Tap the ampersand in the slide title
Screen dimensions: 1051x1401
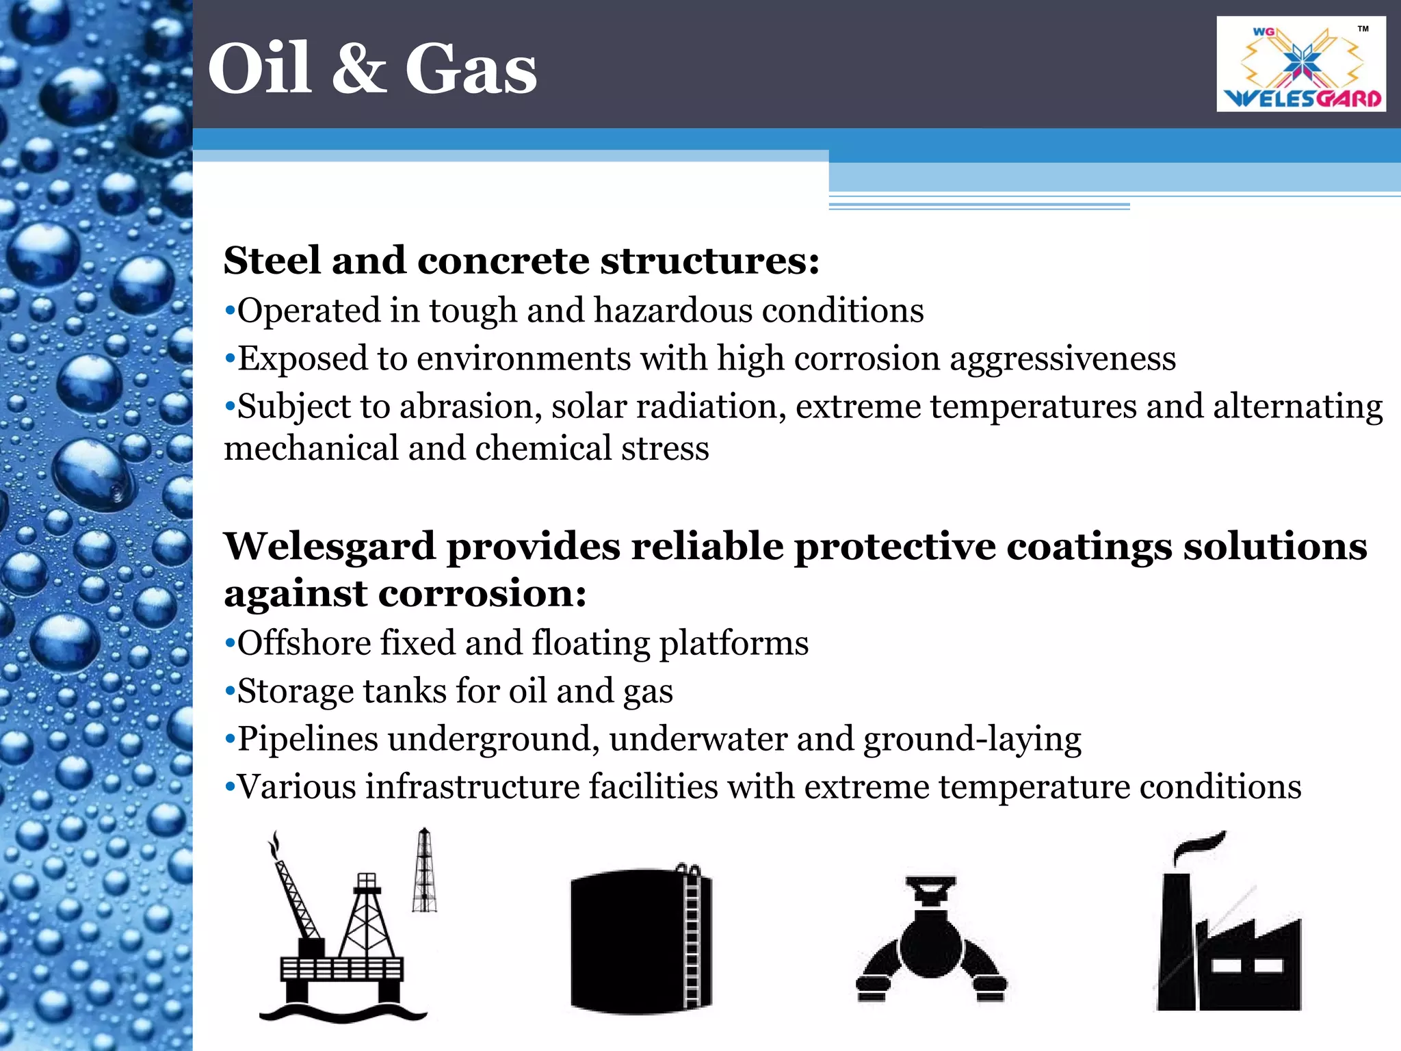point(358,69)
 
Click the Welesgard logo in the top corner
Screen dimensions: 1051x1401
point(1301,64)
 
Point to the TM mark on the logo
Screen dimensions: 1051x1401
point(1363,29)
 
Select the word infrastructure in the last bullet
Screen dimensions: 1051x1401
point(472,787)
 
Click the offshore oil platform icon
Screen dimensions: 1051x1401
point(342,931)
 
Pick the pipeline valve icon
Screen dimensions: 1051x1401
point(930,941)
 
